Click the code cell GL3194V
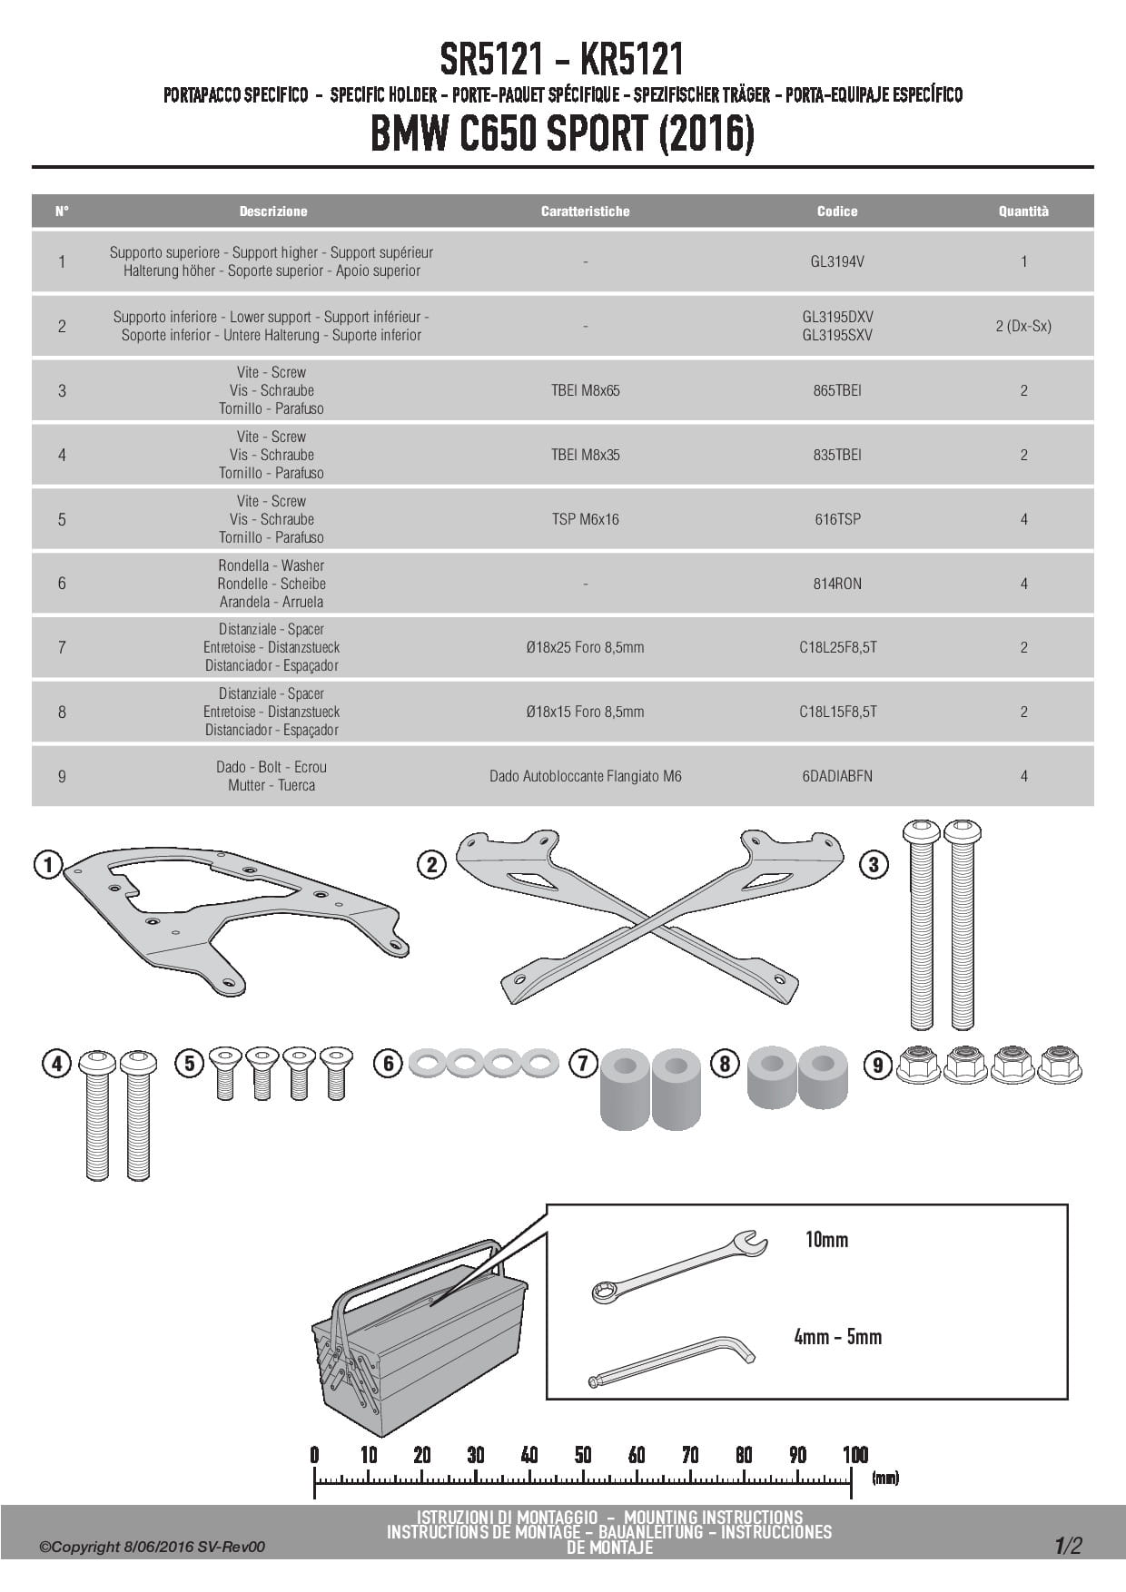pyautogui.click(x=836, y=261)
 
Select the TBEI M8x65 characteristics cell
pyautogui.click(x=585, y=390)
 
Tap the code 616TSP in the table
pyautogui.click(x=836, y=519)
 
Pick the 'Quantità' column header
pyautogui.click(x=1023, y=211)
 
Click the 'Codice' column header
pyautogui.click(x=836, y=211)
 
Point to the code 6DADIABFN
pyautogui.click(x=836, y=776)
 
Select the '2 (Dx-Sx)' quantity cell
pyautogui.click(x=1023, y=326)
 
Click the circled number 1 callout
pyautogui.click(x=48, y=865)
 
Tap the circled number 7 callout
pyautogui.click(x=582, y=1063)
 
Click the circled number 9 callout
pyautogui.click(x=877, y=1064)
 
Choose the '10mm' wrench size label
pyautogui.click(x=826, y=1240)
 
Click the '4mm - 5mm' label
pyautogui.click(x=837, y=1337)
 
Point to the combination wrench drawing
pyautogui.click(x=678, y=1265)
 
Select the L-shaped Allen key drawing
pyautogui.click(x=672, y=1363)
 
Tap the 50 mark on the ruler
pyautogui.click(x=583, y=1456)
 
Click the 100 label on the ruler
pyautogui.click(x=854, y=1456)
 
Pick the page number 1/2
pyautogui.click(x=1068, y=1545)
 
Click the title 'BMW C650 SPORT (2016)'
pyautogui.click(x=562, y=135)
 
